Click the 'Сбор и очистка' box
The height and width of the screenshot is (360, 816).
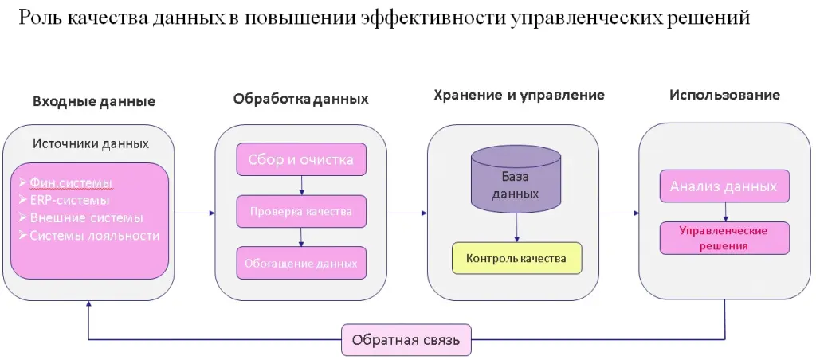tap(301, 159)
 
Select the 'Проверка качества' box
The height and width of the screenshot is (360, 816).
tap(301, 212)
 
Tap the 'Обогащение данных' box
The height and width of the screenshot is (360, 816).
tap(301, 263)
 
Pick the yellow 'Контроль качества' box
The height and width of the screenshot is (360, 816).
tap(516, 258)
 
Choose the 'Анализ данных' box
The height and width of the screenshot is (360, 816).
tap(724, 186)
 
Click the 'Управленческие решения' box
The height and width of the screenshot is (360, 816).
tap(724, 238)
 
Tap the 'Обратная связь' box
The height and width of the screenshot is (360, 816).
tap(406, 340)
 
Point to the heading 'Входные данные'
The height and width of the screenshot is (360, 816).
tap(94, 102)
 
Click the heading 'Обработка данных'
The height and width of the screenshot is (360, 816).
tap(300, 100)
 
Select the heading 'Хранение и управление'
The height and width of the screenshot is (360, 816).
tap(519, 95)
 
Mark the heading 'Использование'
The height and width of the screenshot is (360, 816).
tap(724, 95)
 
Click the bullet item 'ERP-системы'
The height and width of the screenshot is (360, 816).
tap(70, 200)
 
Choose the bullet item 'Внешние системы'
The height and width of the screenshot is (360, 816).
tap(86, 217)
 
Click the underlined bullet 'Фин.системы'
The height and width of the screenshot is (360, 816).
tap(71, 182)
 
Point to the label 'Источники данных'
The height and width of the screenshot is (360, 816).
tap(90, 144)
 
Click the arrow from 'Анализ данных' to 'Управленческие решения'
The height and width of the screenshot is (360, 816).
tap(724, 212)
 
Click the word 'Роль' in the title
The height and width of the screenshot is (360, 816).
tap(39, 18)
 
